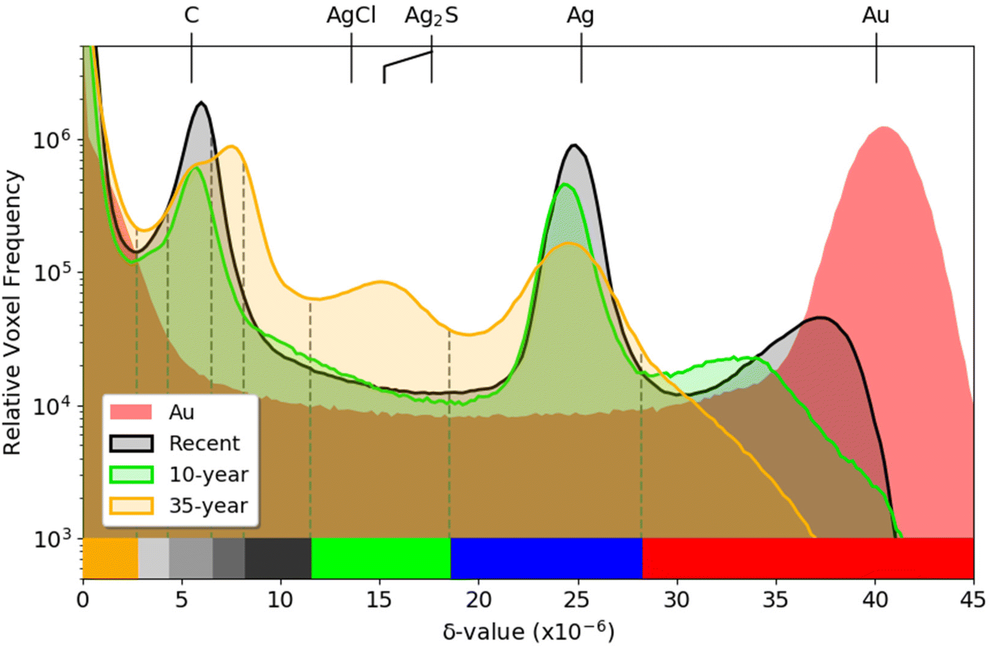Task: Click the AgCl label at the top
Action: [351, 16]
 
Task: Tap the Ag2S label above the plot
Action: [431, 17]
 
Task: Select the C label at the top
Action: [191, 16]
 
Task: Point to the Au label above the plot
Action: [875, 16]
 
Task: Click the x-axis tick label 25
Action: [578, 600]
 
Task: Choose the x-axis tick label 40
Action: [875, 600]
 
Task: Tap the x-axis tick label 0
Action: [83, 600]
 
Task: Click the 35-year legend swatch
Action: [131, 506]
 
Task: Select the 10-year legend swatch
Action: [131, 475]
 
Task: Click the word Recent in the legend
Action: [204, 444]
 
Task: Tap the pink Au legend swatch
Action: [131, 412]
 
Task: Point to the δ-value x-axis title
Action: [529, 632]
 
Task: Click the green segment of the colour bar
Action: [381, 558]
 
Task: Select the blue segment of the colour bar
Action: [546, 558]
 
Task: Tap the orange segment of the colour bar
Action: [111, 558]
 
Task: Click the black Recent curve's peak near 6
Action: [202, 103]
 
